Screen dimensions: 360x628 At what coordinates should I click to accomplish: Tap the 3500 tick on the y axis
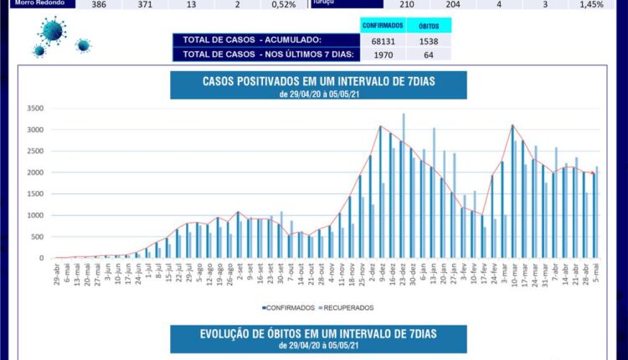[x=34, y=108]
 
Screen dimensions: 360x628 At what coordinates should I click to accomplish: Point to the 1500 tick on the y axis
[x=34, y=194]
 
